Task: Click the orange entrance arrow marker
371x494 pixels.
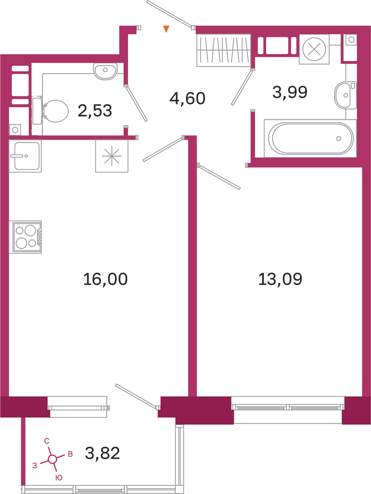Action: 166,29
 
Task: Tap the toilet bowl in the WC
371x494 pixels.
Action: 55,111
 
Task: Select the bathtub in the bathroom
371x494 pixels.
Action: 310,138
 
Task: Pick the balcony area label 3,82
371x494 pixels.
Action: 102,453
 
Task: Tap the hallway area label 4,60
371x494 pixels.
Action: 187,99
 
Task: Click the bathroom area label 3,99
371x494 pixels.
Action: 290,92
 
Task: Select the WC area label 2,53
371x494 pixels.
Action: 95,111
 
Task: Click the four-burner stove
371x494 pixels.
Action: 25,237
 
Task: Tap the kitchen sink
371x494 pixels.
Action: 25,156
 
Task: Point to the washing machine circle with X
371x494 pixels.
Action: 314,49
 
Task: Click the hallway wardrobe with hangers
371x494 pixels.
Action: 224,50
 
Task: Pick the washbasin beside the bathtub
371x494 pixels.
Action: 345,95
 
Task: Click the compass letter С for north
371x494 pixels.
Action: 47,441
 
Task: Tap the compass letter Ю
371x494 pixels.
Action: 59,478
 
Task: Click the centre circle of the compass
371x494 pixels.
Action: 52,459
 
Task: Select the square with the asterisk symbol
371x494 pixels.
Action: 112,156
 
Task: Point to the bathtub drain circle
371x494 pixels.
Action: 339,138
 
